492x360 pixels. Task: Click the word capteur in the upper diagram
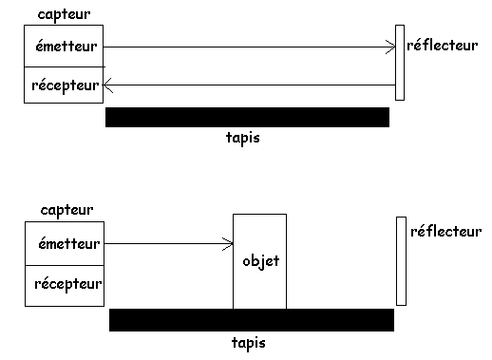coord(56,14)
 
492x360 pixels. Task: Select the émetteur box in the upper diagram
coord(63,47)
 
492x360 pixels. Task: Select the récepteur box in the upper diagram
coord(63,85)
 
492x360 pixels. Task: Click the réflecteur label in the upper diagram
coord(441,45)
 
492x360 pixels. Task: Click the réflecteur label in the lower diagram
coord(445,231)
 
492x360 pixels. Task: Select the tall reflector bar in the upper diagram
coord(400,62)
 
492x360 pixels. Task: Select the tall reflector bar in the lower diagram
coord(401,261)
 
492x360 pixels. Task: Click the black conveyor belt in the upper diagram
coord(247,117)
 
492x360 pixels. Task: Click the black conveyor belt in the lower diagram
coord(251,319)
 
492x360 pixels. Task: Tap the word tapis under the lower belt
coord(248,342)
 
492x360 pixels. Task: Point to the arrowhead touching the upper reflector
coord(390,46)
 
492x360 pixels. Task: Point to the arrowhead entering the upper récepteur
coord(108,85)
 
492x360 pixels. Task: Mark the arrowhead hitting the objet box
coord(227,244)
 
